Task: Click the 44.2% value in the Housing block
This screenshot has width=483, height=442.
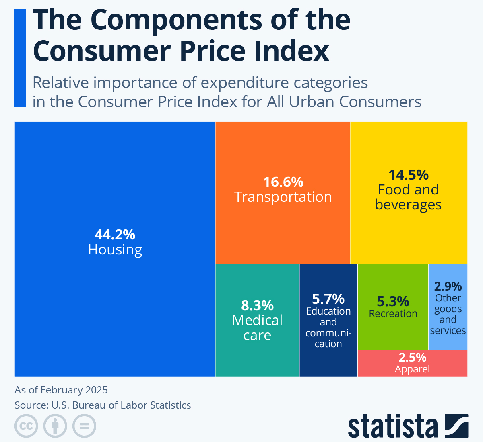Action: (x=115, y=235)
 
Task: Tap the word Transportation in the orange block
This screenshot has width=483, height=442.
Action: (x=283, y=197)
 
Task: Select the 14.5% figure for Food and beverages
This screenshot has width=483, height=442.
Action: (x=408, y=175)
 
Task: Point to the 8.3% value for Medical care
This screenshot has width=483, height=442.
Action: (x=257, y=305)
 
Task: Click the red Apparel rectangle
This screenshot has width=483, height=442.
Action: (x=412, y=363)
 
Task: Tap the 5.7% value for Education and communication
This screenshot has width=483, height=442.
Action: (x=328, y=299)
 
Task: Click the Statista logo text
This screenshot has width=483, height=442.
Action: (x=393, y=427)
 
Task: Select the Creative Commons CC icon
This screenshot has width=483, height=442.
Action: (x=27, y=426)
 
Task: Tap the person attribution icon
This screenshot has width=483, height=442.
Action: (x=56, y=426)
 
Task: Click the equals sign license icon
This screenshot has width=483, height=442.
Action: (x=85, y=426)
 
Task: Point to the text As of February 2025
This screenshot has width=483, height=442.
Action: (x=61, y=390)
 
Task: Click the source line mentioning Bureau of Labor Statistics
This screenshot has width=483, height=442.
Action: (x=103, y=405)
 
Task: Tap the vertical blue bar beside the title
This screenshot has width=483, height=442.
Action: (x=20, y=58)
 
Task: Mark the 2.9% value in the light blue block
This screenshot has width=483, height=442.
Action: (x=448, y=286)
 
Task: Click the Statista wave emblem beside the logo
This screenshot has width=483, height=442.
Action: (x=456, y=426)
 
